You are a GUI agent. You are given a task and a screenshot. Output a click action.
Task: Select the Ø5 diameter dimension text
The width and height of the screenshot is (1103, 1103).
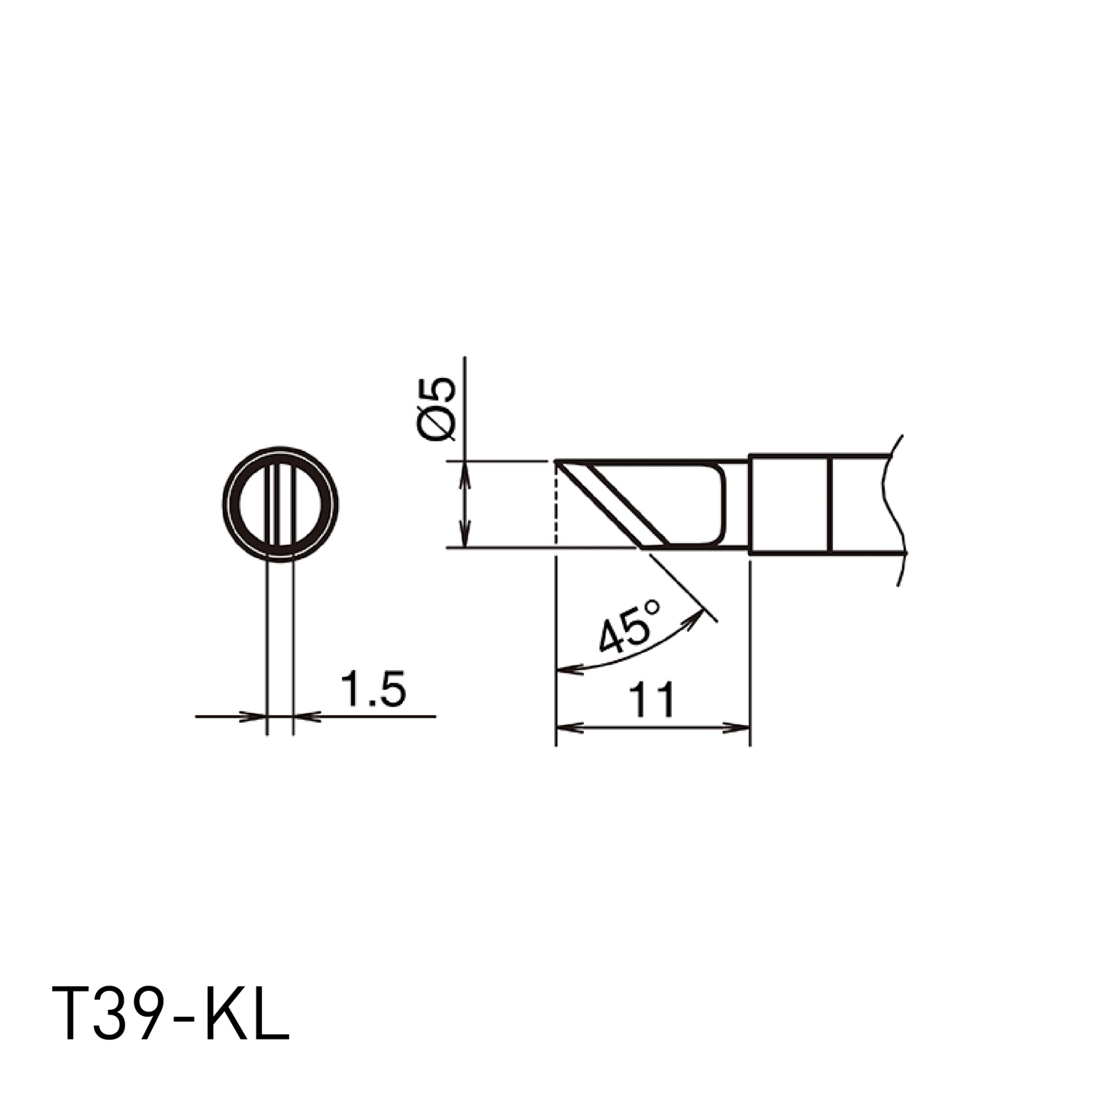click(437, 408)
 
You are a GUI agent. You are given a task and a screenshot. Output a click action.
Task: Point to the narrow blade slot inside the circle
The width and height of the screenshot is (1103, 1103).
click(280, 504)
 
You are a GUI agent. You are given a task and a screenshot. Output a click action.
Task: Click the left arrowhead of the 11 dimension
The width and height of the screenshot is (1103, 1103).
click(569, 728)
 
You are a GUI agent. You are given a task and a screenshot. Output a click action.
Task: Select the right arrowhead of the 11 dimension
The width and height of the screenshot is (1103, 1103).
click(737, 728)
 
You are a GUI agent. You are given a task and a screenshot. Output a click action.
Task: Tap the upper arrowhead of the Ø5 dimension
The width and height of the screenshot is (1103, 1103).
click(465, 474)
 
